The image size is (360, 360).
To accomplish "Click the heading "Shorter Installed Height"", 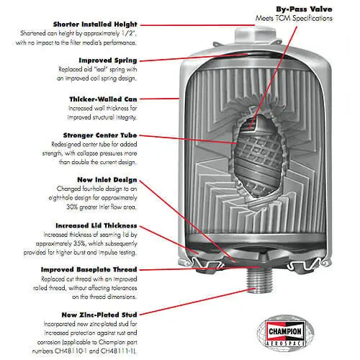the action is click(95, 24).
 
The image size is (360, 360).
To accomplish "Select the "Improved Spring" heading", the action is click(108, 60).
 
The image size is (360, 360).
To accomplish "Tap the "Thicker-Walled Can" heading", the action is click(103, 99).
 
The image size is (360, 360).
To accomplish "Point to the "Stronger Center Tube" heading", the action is click(100, 135).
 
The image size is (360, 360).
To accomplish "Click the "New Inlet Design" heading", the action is click(107, 180).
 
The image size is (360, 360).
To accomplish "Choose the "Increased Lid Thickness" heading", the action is click(96, 225).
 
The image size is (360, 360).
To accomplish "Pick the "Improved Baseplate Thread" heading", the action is click(89, 269).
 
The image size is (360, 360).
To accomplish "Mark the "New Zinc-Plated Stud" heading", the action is click(99, 315).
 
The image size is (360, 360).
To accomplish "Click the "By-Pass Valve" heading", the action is click(304, 9).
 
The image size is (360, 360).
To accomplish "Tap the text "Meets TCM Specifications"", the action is click(294, 19).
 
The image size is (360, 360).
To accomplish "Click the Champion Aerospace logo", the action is click(285, 332).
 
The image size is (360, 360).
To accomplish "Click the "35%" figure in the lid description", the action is click(80, 243).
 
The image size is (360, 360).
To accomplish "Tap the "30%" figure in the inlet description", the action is click(72, 207).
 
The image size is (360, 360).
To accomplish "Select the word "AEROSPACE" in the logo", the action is click(285, 343).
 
